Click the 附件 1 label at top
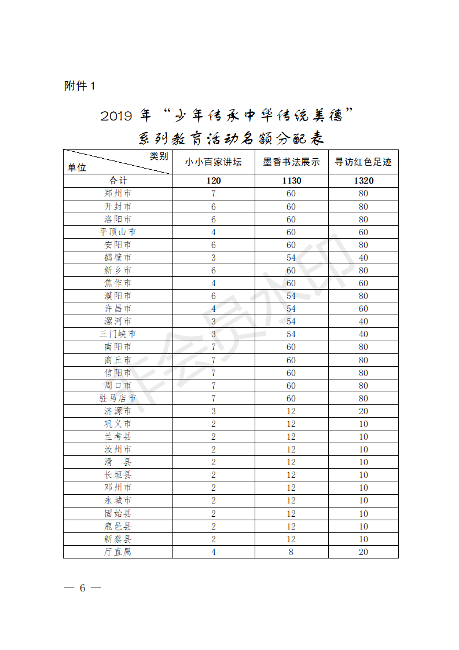click(x=79, y=86)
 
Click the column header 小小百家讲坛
click(x=213, y=162)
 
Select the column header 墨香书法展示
click(x=291, y=162)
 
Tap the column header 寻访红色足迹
click(x=363, y=162)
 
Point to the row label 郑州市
click(x=117, y=193)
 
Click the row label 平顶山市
click(x=117, y=232)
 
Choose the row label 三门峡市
click(x=117, y=334)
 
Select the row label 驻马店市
click(x=117, y=399)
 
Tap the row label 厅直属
click(x=117, y=552)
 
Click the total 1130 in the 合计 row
click(x=291, y=181)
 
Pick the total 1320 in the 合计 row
click(x=363, y=181)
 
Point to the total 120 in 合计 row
click(x=213, y=181)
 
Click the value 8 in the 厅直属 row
click(x=291, y=552)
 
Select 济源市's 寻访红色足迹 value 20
click(x=363, y=411)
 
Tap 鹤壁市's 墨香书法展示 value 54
click(x=291, y=257)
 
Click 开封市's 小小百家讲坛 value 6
click(x=213, y=206)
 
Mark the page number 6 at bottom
click(x=82, y=588)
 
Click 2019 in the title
click(x=116, y=116)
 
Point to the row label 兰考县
click(x=117, y=437)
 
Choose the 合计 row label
click(x=117, y=181)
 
